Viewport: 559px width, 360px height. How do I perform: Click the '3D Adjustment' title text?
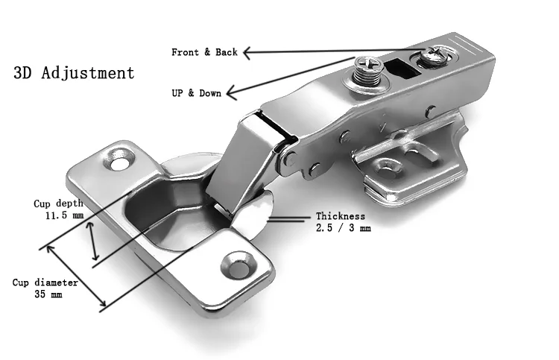74,73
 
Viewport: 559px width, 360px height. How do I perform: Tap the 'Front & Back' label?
204,52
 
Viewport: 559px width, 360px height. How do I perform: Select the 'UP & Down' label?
196,93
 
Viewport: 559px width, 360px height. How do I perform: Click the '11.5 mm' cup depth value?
63,215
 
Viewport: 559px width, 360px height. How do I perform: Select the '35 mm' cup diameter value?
47,294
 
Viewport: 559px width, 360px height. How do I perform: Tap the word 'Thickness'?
341,217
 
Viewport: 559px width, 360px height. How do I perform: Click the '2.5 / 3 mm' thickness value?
343,229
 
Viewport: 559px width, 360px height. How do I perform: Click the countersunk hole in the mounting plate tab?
388,166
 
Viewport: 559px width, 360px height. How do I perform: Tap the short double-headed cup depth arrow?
92,242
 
